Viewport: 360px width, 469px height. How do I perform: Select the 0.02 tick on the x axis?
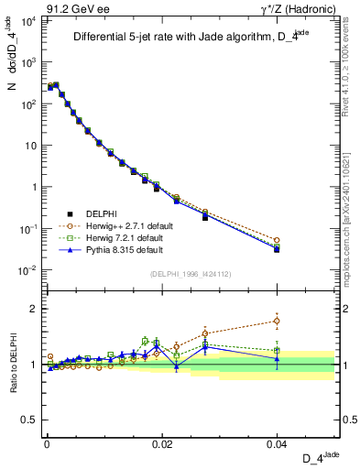pos(161,442)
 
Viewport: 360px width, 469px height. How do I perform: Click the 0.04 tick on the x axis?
pos(277,442)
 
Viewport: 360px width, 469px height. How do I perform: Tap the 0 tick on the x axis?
pos(46,442)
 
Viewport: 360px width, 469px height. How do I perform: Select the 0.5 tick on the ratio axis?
pos(30,420)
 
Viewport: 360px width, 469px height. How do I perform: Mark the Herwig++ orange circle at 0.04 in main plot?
pos(277,240)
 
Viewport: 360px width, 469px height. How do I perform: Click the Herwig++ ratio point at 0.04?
pos(277,321)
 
